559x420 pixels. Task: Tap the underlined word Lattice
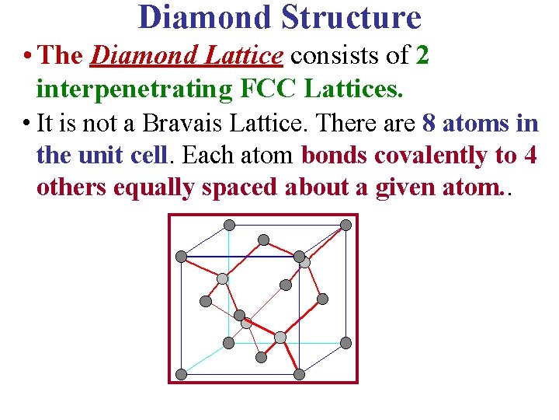(248, 55)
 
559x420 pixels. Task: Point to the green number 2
(422, 55)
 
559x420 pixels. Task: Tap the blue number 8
(429, 123)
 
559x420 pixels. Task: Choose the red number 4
(530, 156)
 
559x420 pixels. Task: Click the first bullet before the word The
(27, 55)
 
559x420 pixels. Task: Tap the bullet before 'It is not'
(27, 123)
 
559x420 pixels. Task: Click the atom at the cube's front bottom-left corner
(181, 374)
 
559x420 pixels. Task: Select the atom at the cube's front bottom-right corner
(299, 374)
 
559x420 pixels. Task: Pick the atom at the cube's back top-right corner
(345, 225)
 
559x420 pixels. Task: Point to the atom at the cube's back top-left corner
(229, 225)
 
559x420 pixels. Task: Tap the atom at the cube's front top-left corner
(181, 256)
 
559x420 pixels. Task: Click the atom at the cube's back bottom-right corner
(345, 343)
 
